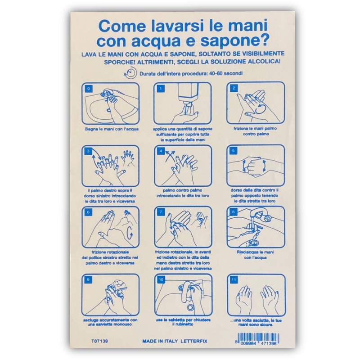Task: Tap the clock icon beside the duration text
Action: (130, 73)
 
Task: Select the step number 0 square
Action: (89, 88)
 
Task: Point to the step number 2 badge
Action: (234, 88)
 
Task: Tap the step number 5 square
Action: (233, 151)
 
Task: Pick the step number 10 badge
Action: (161, 279)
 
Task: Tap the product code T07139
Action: (99, 341)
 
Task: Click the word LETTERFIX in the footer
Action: (194, 341)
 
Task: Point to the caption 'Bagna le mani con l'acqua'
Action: (112, 129)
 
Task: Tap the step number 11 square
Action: (234, 279)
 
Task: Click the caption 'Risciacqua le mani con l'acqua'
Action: (255, 255)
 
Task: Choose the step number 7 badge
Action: (161, 212)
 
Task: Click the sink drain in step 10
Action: (190, 307)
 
